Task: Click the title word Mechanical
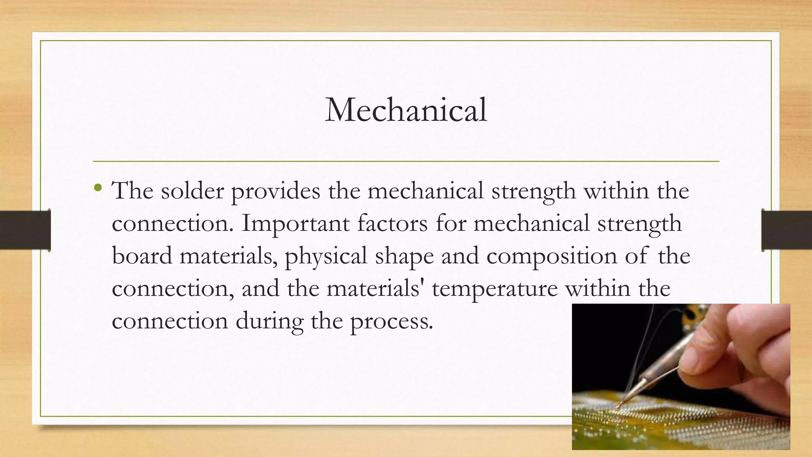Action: pyautogui.click(x=406, y=110)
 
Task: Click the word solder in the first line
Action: pyautogui.click(x=192, y=191)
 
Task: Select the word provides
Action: pyautogui.click(x=275, y=192)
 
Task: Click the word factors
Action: pyautogui.click(x=392, y=223)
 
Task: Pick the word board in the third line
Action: pyautogui.click(x=142, y=256)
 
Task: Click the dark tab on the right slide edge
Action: pyautogui.click(x=787, y=230)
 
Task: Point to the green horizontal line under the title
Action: pyautogui.click(x=406, y=161)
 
